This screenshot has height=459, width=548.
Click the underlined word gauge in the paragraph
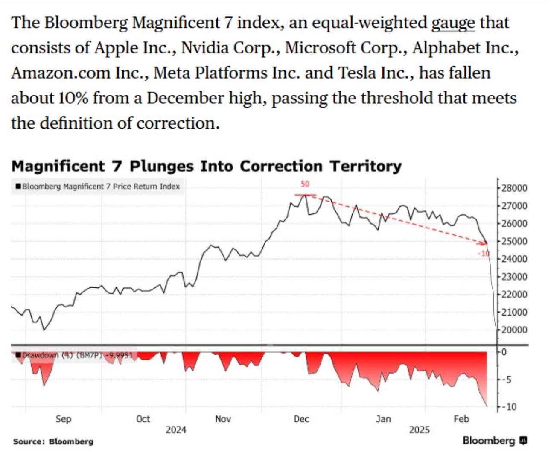click(x=453, y=23)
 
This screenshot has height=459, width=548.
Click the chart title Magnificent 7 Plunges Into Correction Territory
click(x=206, y=166)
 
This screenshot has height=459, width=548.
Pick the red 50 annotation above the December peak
click(x=305, y=184)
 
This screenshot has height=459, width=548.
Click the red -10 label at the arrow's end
click(x=484, y=254)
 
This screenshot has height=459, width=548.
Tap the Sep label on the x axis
click(x=63, y=419)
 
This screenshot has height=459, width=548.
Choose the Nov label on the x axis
click(x=223, y=419)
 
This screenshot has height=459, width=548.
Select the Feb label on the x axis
click(x=461, y=419)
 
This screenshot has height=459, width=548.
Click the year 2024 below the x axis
click(x=176, y=430)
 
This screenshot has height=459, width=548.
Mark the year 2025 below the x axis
click(x=420, y=430)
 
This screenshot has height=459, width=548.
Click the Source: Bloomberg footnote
click(x=53, y=441)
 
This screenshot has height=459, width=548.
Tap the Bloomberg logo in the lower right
click(x=495, y=440)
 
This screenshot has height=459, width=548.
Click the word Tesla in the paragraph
click(x=354, y=73)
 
